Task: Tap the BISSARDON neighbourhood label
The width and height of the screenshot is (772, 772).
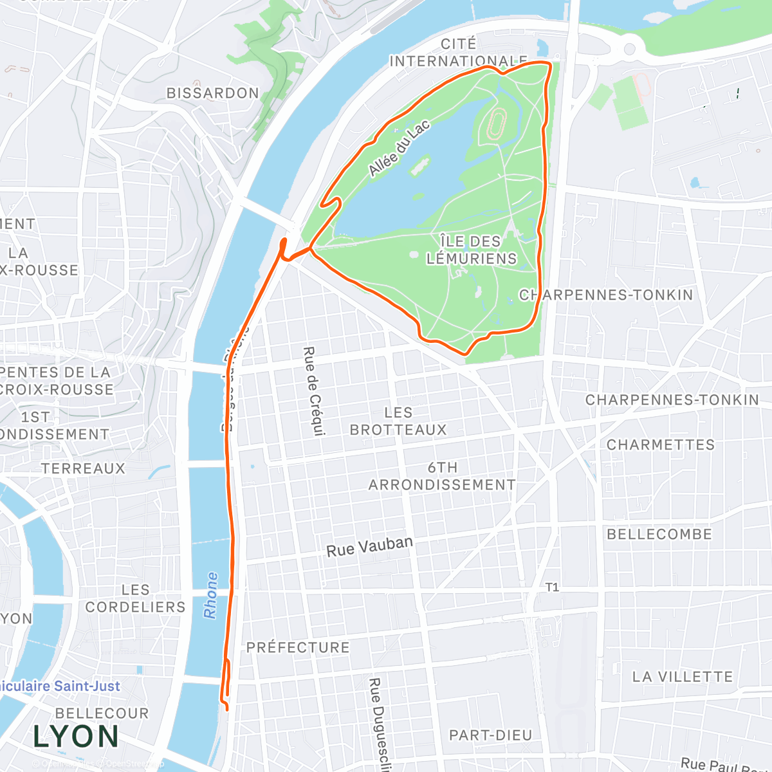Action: pyautogui.click(x=212, y=93)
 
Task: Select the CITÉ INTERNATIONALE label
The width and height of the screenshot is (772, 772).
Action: pyautogui.click(x=458, y=53)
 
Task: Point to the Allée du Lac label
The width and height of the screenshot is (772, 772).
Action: pyautogui.click(x=399, y=149)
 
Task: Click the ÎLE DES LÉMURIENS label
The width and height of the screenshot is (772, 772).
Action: pyautogui.click(x=472, y=250)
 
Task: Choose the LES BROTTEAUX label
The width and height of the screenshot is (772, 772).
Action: pyautogui.click(x=398, y=421)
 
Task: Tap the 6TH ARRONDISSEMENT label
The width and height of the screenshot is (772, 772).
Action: pyautogui.click(x=442, y=476)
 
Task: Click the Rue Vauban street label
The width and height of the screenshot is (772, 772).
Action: pyautogui.click(x=369, y=547)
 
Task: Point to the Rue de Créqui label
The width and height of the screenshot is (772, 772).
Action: pyautogui.click(x=313, y=391)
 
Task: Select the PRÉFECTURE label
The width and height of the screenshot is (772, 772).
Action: pyautogui.click(x=298, y=647)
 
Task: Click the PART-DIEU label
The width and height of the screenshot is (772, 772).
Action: pyautogui.click(x=490, y=735)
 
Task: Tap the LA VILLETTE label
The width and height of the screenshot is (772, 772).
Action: pyautogui.click(x=682, y=677)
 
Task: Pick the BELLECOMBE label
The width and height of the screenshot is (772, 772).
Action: pyautogui.click(x=659, y=534)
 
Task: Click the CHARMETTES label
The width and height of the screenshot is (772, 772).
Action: pyautogui.click(x=661, y=445)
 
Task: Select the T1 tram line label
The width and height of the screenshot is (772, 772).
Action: pyautogui.click(x=552, y=587)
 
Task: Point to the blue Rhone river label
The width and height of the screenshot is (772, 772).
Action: pyautogui.click(x=210, y=595)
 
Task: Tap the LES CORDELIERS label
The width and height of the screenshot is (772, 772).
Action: pyautogui.click(x=135, y=598)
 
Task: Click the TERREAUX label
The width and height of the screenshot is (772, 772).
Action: pyautogui.click(x=83, y=468)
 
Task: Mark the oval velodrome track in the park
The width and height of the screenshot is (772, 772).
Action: pyautogui.click(x=496, y=124)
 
